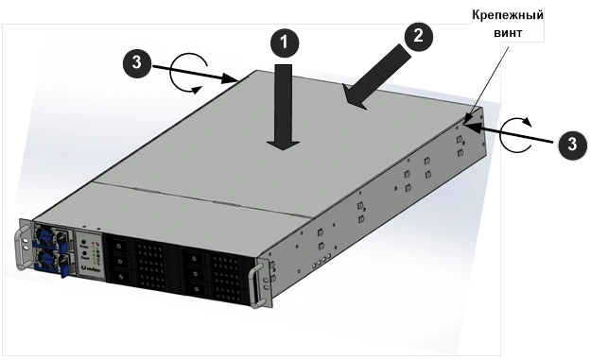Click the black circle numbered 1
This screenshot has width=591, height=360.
tap(285, 43)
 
